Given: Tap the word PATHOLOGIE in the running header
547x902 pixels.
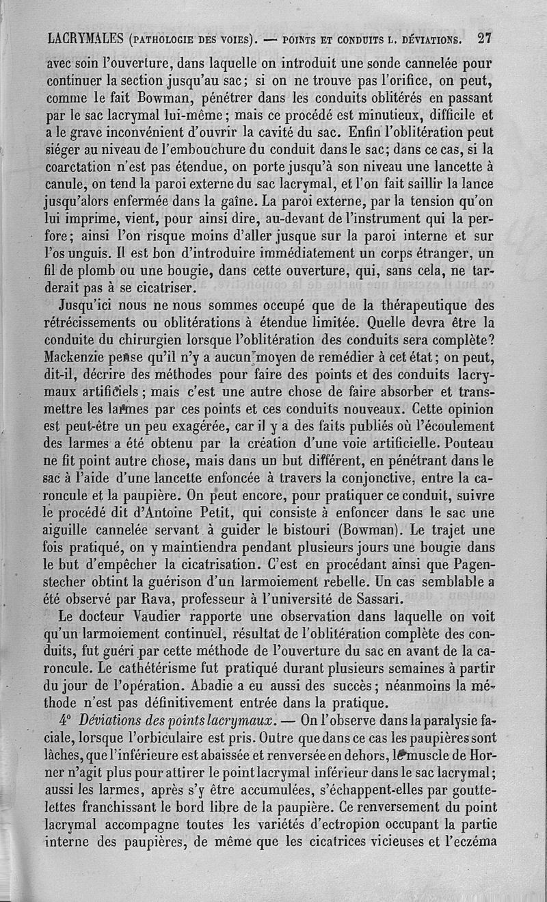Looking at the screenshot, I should (163, 39).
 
